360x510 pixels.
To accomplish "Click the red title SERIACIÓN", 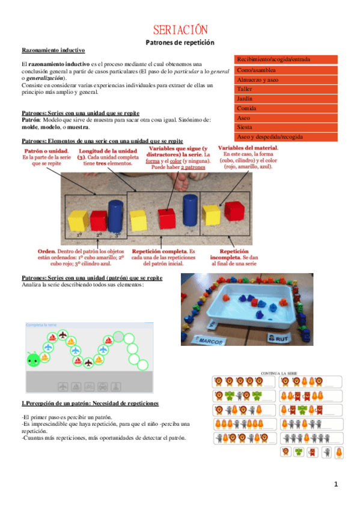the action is (x=180, y=30).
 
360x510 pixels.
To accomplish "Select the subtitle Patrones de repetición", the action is (x=180, y=43).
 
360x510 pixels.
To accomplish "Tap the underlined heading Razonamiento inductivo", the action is (x=53, y=51).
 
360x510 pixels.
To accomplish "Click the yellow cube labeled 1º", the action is (x=79, y=221).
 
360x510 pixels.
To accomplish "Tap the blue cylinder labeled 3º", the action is (x=116, y=215).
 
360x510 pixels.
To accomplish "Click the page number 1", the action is (x=337, y=484).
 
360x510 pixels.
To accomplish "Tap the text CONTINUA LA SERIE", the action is (x=277, y=373).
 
